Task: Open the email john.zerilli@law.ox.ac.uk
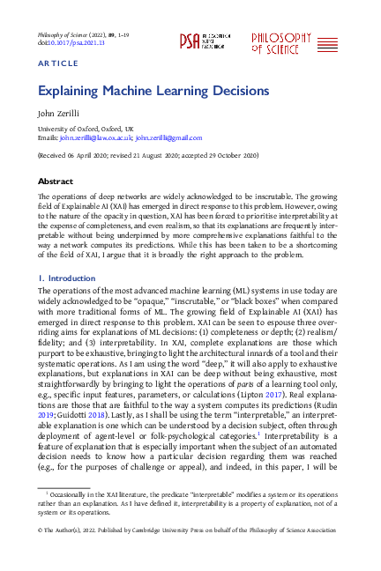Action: pyautogui.click(x=95, y=138)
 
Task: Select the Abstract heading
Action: pyautogui.click(x=55, y=180)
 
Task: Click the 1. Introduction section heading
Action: pyautogui.click(x=66, y=278)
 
